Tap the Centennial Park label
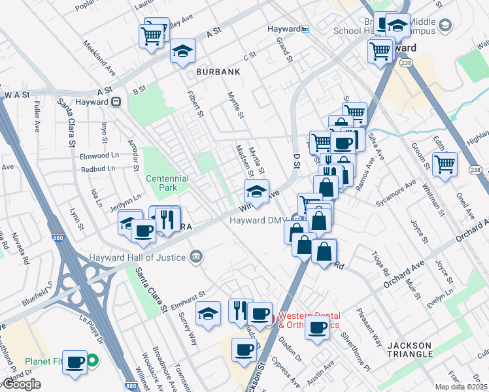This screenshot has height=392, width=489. [x=167, y=183]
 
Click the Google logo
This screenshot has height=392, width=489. [x=21, y=384]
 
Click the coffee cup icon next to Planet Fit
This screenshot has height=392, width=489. [x=75, y=361]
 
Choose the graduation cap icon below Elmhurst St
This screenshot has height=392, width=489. [x=209, y=315]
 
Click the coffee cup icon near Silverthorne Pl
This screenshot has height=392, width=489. [x=318, y=328]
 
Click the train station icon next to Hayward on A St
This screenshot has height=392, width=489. [x=116, y=101]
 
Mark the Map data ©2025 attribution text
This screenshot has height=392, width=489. [x=462, y=387]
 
